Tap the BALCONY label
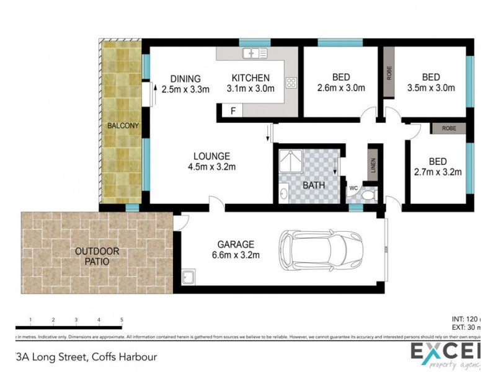(123, 126)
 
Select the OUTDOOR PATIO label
(97, 256)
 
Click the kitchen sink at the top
(255, 53)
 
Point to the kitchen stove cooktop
(291, 82)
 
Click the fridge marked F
(232, 112)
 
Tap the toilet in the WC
(369, 197)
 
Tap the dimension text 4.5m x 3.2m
(211, 166)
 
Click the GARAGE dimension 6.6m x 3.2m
(235, 255)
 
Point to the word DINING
(185, 79)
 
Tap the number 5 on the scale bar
(122, 320)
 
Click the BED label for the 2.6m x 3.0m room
(340, 77)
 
